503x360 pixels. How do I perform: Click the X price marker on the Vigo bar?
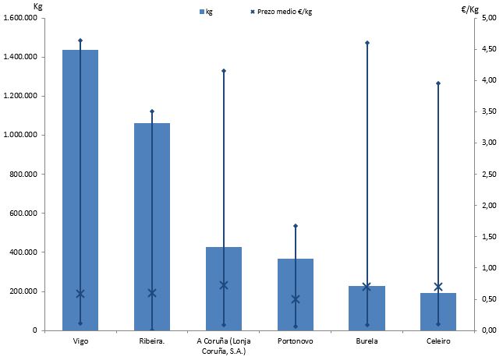80,294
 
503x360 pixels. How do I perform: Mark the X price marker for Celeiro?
438,287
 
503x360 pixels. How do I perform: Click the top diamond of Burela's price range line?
367,42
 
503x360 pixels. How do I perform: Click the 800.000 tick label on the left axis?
28,174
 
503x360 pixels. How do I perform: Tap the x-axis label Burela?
367,341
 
